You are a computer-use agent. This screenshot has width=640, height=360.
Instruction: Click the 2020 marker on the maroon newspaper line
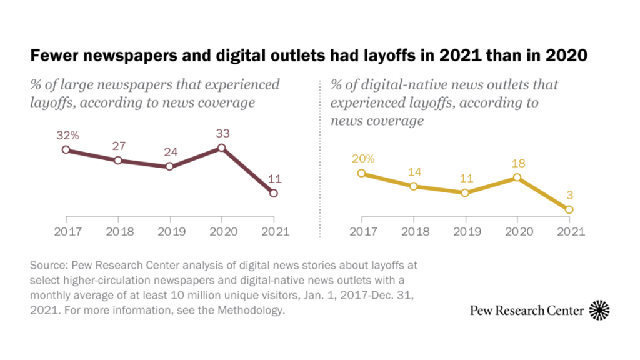221,148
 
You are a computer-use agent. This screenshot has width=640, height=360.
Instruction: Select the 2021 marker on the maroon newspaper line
274,193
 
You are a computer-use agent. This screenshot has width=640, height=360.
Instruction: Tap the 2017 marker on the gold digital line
361,173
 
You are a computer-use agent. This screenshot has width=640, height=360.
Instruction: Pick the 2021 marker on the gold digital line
569,209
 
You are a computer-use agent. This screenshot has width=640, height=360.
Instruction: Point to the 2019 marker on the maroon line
169,167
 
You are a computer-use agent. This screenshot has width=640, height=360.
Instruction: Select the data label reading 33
221,133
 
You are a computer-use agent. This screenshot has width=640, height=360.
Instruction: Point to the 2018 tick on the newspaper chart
117,231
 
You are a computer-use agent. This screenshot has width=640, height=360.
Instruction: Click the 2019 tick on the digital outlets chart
465,231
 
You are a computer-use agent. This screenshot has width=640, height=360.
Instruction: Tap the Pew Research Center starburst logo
599,310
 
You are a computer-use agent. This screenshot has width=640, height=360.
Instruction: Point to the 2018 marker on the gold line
414,186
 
